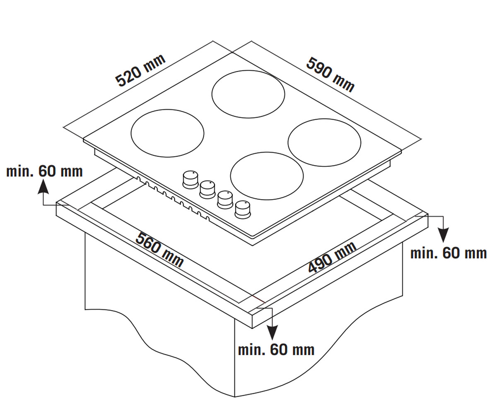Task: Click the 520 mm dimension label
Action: [x=140, y=70]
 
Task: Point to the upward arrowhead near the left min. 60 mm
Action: [x=43, y=187]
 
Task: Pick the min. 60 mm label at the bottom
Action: [x=276, y=350]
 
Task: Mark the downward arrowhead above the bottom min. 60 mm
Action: [x=272, y=332]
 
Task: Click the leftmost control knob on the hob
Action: [x=191, y=180]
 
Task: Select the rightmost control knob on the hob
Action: [x=243, y=209]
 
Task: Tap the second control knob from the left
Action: [x=207, y=190]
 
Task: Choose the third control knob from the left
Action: [x=225, y=200]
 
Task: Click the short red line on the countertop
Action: [x=258, y=300]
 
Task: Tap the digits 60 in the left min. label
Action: [x=47, y=171]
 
